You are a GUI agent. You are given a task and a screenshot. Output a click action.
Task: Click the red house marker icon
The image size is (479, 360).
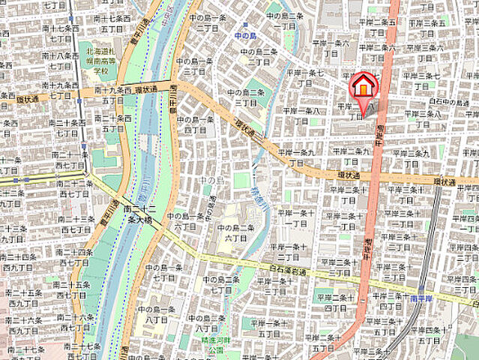[x=363, y=87]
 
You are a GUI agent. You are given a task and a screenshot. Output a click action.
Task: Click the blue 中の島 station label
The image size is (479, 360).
[x=246, y=34]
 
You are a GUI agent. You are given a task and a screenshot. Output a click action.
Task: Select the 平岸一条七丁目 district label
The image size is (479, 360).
[x=306, y=78]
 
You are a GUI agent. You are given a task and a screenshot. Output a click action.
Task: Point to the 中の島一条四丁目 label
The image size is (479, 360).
[x=195, y=124]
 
